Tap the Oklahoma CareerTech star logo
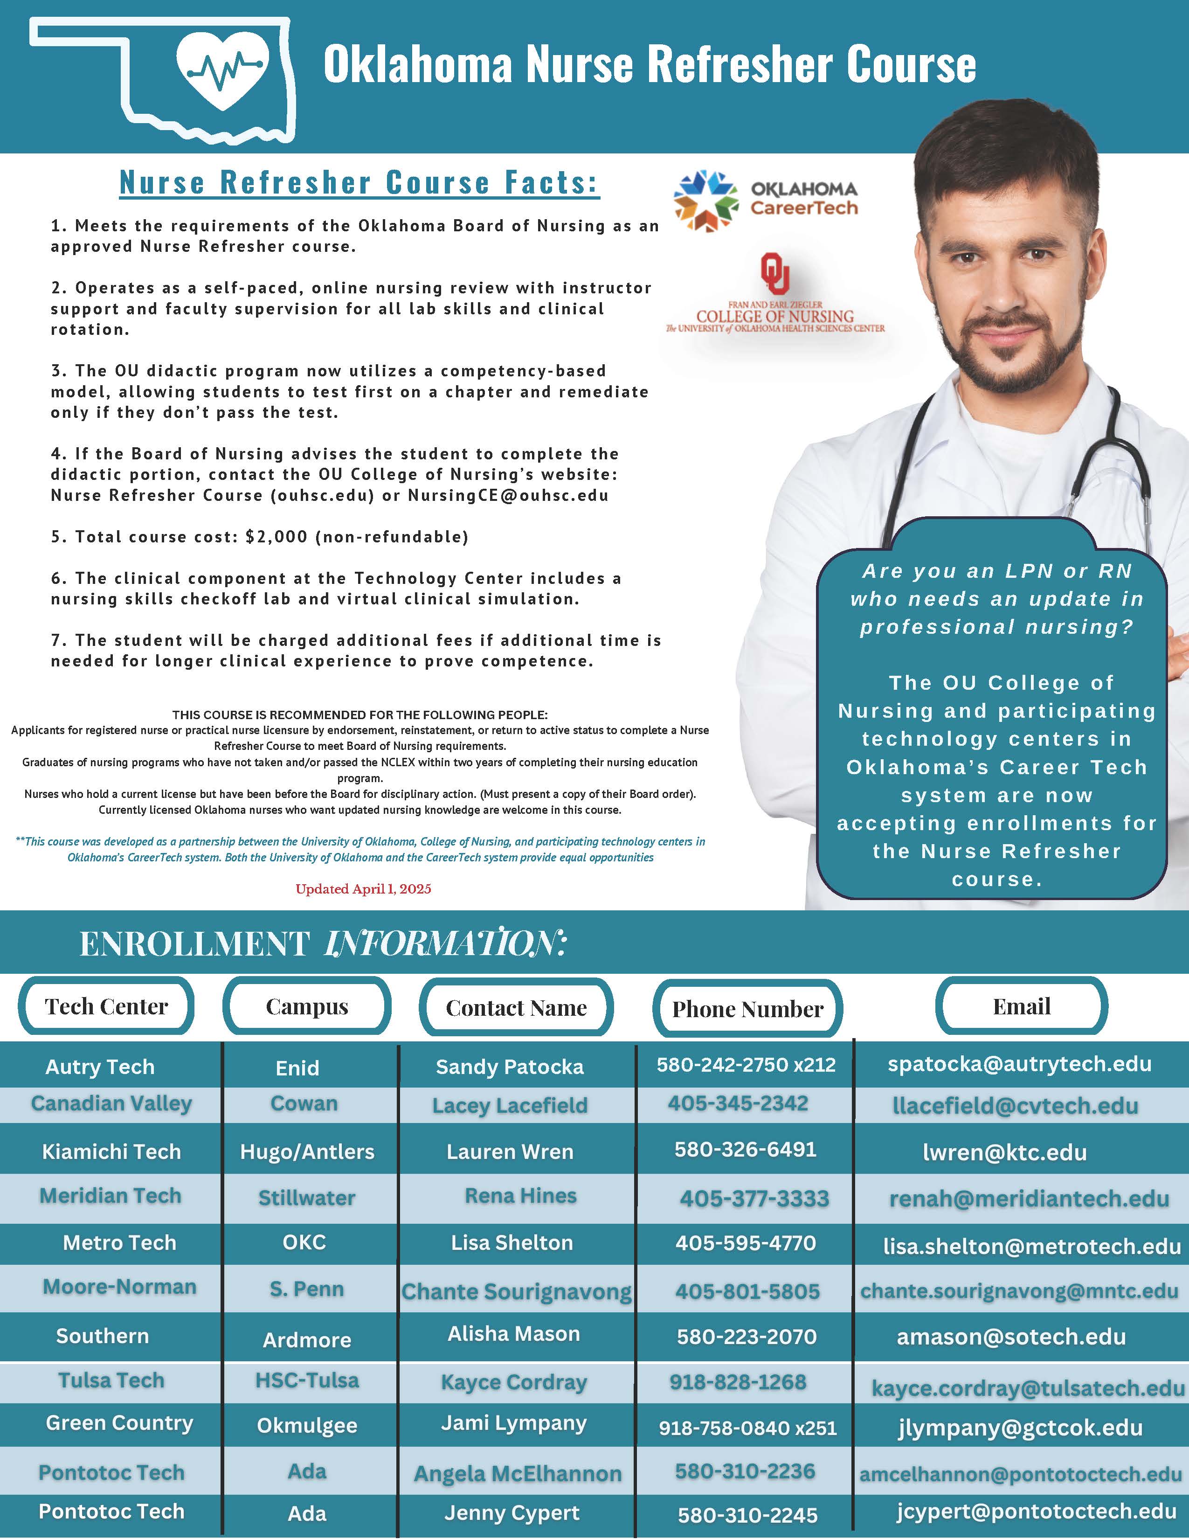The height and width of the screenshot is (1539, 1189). click(705, 201)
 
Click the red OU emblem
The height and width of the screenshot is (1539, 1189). click(775, 273)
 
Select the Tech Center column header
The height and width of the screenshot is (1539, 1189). click(106, 1006)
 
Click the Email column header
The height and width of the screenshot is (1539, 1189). click(1021, 1006)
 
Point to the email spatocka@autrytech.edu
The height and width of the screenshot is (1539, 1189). click(1019, 1064)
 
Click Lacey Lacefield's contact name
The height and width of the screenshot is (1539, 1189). click(510, 1105)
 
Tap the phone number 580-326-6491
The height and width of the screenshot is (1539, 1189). click(745, 1149)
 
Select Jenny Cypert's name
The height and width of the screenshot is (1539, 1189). click(512, 1513)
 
